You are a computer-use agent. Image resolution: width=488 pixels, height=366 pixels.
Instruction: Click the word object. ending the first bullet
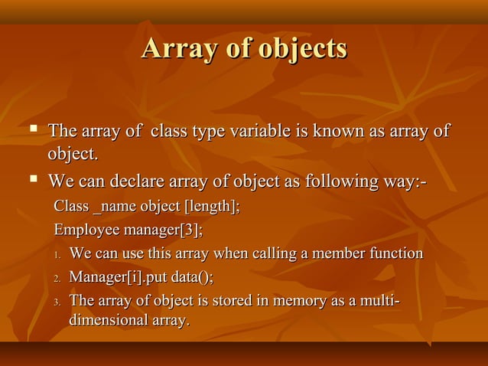(x=74, y=155)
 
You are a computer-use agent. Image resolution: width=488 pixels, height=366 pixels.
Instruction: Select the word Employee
(x=86, y=230)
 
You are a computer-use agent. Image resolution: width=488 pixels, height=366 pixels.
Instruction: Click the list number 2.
(x=57, y=277)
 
